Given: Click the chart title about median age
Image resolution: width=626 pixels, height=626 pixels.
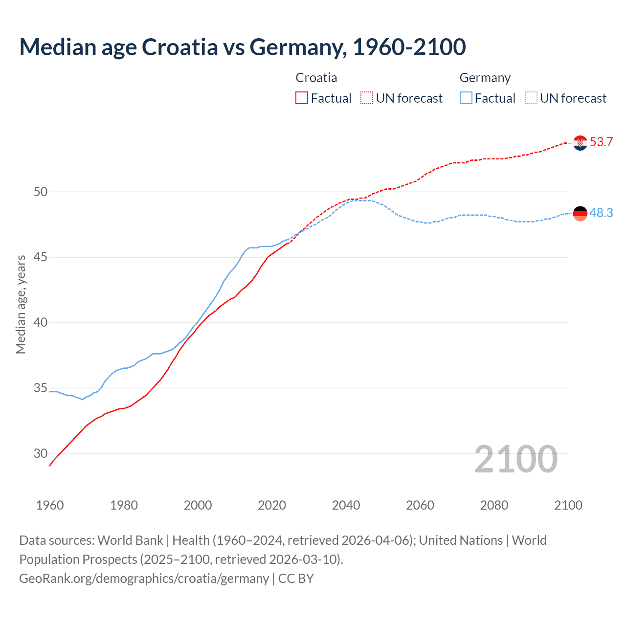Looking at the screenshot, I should point(243,47).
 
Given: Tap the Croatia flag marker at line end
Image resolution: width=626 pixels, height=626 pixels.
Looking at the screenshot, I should point(580,143).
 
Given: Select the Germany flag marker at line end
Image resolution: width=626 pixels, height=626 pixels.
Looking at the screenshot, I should point(580,213).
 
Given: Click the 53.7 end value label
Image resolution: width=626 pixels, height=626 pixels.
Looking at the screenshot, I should point(601,142).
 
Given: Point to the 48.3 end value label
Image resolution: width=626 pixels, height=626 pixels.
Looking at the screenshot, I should point(601,213).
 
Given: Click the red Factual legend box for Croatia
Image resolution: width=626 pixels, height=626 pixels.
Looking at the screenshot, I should point(302,98).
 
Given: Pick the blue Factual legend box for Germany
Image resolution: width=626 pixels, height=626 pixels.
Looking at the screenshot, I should point(466,98).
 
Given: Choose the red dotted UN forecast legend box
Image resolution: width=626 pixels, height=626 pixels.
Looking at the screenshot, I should point(367,98).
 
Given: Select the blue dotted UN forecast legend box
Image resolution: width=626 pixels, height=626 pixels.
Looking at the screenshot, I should point(531,98).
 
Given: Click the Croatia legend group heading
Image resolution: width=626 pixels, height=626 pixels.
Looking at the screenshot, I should point(316,78).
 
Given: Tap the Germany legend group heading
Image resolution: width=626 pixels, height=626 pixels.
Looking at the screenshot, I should point(485,78).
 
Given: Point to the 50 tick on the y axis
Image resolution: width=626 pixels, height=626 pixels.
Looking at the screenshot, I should point(41,192).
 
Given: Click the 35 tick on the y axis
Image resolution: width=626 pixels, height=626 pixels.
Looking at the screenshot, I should point(41,388).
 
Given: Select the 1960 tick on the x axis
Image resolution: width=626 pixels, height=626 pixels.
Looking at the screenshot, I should point(50,505).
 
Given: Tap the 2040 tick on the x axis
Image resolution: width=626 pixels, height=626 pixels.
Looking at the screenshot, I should point(346,505).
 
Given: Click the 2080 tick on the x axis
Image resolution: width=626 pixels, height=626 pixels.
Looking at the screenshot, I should point(494,505).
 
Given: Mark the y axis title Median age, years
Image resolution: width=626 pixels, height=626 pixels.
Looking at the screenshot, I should point(21,304).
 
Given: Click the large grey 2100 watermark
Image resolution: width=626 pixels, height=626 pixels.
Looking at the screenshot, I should point(515,459).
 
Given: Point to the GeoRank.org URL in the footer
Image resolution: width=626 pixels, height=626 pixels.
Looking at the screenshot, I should point(144,579).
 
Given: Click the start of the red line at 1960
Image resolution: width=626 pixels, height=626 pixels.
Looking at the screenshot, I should point(50,466).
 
